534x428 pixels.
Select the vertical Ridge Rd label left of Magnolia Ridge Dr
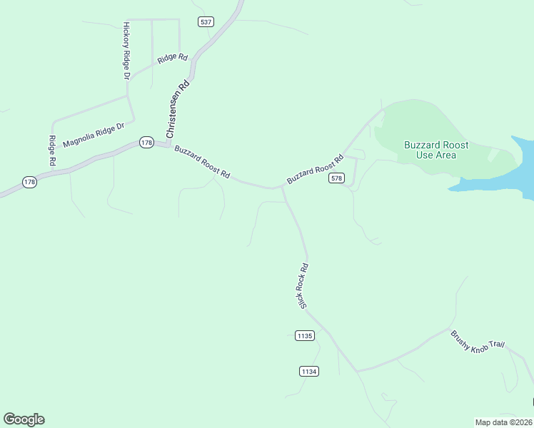click(x=52, y=151)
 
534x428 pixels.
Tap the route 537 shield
click(x=206, y=22)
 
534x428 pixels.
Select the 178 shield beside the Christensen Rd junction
click(x=146, y=143)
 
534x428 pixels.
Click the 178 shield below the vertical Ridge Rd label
click(x=29, y=183)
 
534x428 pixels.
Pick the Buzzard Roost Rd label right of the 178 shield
click(x=203, y=163)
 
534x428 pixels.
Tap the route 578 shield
click(x=337, y=178)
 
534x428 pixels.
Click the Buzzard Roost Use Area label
click(x=436, y=150)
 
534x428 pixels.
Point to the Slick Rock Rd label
click(x=303, y=285)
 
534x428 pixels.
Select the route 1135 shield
click(x=304, y=335)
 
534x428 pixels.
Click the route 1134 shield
click(x=309, y=371)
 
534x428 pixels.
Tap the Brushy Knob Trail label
click(x=478, y=340)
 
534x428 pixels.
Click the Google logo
click(x=24, y=419)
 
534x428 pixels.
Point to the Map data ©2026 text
click(x=503, y=422)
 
